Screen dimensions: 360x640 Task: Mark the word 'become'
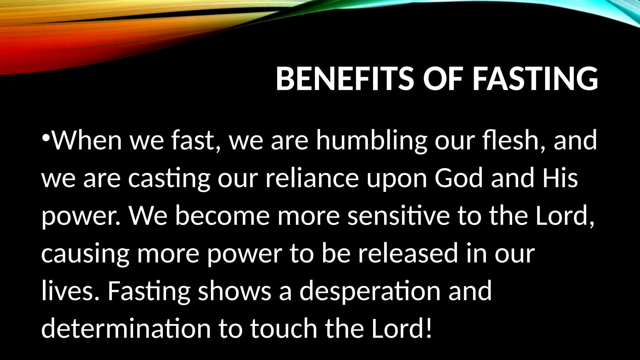[x=222, y=216]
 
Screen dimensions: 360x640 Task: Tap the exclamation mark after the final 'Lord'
[x=429, y=328]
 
